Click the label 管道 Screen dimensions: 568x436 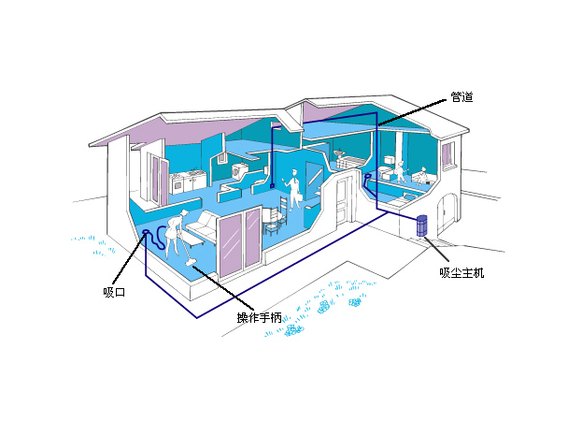(461, 97)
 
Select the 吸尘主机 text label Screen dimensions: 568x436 (461, 273)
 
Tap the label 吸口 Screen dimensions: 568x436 (114, 292)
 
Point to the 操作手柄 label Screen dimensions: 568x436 (259, 318)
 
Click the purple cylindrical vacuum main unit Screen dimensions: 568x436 (421, 225)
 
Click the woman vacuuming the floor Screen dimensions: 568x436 (175, 233)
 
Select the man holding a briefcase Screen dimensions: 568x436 (293, 189)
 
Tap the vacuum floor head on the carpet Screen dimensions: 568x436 (191, 262)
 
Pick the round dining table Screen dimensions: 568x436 (274, 217)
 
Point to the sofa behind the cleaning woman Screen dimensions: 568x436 (200, 227)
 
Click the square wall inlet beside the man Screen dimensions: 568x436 (272, 186)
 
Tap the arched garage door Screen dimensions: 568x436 (447, 214)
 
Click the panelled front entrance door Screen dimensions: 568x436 (342, 200)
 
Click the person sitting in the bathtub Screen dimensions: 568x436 (421, 176)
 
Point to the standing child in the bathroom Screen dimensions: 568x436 (400, 172)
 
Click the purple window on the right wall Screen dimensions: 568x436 (448, 153)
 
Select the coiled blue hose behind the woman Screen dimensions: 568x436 (160, 237)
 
